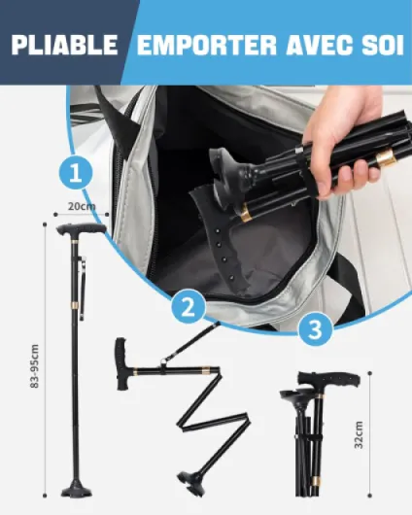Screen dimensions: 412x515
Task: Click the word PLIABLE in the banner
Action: (x=65, y=45)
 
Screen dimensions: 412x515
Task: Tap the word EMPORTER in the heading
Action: (x=207, y=45)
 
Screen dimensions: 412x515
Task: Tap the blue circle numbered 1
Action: (x=76, y=172)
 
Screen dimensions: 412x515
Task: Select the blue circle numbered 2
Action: (x=189, y=308)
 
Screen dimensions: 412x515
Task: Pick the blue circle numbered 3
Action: (x=316, y=328)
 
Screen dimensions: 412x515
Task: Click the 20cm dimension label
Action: (x=82, y=206)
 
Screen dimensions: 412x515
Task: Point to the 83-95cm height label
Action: (x=35, y=366)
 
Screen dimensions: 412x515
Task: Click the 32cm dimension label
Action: (x=359, y=434)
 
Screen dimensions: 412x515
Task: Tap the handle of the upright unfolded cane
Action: (x=81, y=229)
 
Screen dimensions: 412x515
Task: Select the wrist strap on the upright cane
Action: (x=84, y=289)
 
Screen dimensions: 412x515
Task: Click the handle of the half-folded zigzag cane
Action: (x=121, y=364)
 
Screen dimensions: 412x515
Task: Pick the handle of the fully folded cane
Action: (x=328, y=379)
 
